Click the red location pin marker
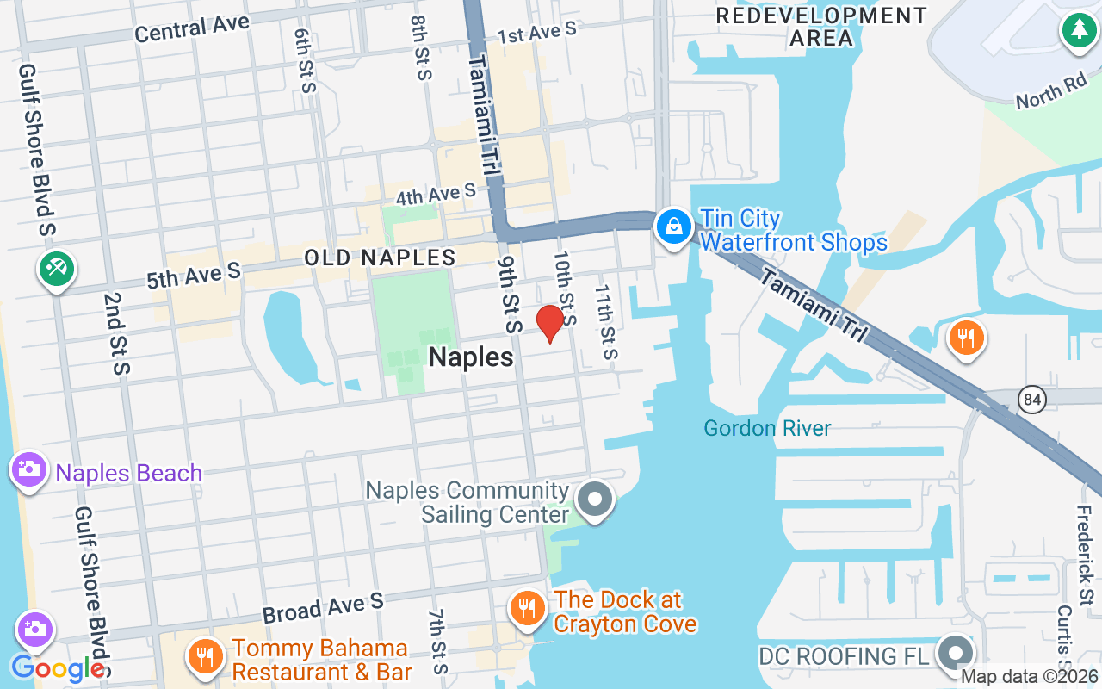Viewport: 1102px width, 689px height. pyautogui.click(x=549, y=323)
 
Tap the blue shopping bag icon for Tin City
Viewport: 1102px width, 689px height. pyautogui.click(x=674, y=227)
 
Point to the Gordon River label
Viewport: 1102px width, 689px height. pyautogui.click(x=767, y=428)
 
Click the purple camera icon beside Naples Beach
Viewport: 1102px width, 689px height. pyautogui.click(x=29, y=470)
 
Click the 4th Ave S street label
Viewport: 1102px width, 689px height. pyautogui.click(x=436, y=194)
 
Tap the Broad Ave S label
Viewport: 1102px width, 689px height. pyautogui.click(x=323, y=608)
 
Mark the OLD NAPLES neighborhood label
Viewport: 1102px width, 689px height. pyautogui.click(x=380, y=258)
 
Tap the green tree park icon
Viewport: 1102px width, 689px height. pyautogui.click(x=1077, y=31)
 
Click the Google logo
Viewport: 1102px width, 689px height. pyautogui.click(x=58, y=668)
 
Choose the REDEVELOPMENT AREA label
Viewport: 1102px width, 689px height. pyautogui.click(x=821, y=27)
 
